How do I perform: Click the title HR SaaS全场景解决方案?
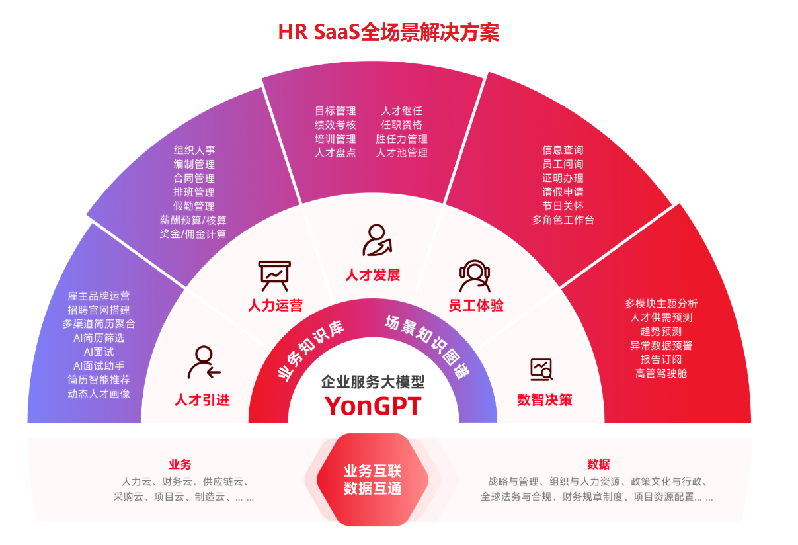click(x=388, y=32)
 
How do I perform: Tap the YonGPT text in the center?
click(x=372, y=405)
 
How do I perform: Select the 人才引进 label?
click(x=202, y=399)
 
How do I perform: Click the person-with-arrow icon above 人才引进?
click(x=202, y=362)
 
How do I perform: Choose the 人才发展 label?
click(x=373, y=274)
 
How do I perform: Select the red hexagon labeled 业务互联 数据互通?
click(x=372, y=480)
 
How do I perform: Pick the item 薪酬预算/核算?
click(x=193, y=220)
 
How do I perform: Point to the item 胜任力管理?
click(x=401, y=139)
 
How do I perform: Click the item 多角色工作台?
click(x=563, y=220)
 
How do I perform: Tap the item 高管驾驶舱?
click(x=661, y=373)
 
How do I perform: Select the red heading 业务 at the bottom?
click(x=180, y=464)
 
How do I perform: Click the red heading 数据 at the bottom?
click(x=598, y=464)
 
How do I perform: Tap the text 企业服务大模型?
click(x=372, y=382)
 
